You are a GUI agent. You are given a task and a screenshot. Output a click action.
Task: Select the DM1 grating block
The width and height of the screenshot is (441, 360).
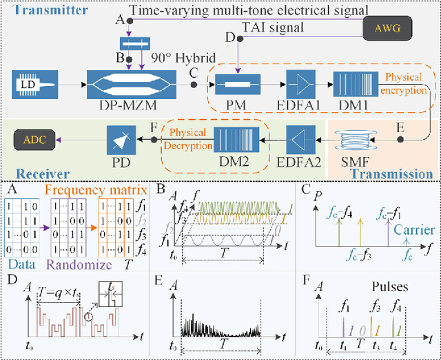354,85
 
